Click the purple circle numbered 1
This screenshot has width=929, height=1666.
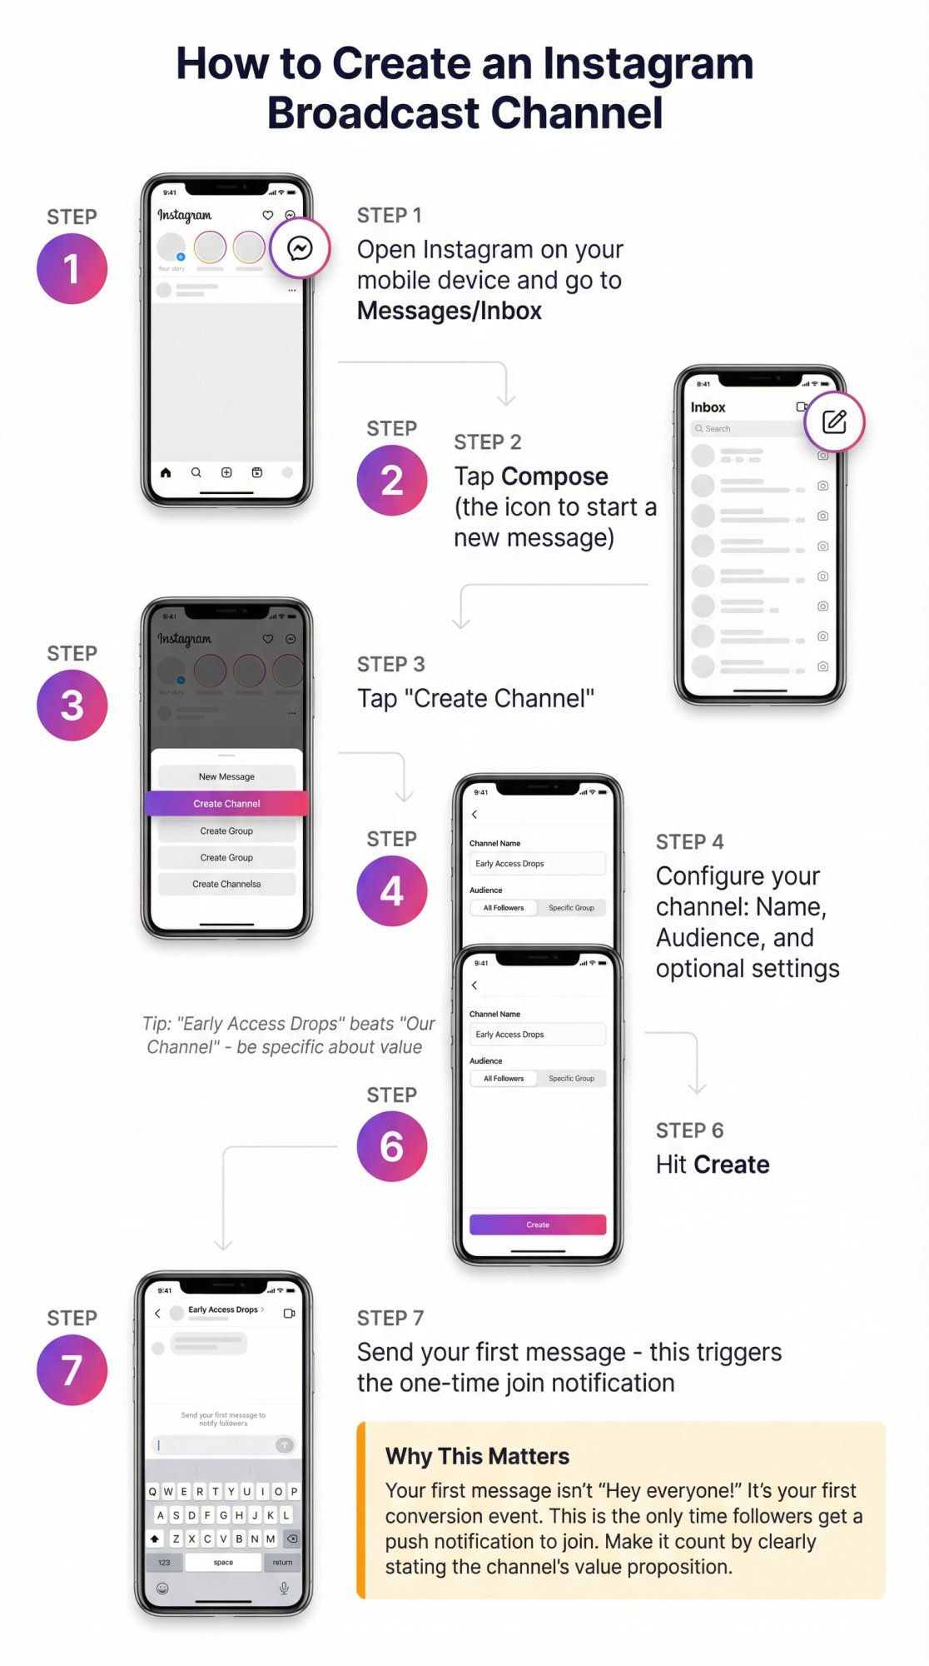[72, 268]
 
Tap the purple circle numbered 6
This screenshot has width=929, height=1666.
[391, 1146]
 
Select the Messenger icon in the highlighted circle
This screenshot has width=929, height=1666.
[300, 248]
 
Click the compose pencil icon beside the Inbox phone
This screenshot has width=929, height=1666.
[834, 421]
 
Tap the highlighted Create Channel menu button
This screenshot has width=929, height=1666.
[226, 803]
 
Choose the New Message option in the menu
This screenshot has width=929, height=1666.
[226, 776]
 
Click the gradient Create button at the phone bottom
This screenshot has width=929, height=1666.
[538, 1225]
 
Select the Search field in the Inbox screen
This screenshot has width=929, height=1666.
[745, 428]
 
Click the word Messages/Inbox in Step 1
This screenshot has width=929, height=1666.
[450, 311]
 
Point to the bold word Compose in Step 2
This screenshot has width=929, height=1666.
[554, 476]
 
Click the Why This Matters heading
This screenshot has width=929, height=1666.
[477, 1456]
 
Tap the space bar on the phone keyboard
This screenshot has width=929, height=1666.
[223, 1562]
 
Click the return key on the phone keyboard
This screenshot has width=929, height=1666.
[282, 1562]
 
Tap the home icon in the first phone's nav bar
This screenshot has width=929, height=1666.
[166, 472]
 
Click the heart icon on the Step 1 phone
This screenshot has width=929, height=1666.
[268, 215]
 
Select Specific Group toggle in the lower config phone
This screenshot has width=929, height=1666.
[571, 1078]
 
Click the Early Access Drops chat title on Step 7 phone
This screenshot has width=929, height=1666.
[223, 1309]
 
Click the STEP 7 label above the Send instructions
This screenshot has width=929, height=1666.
[390, 1318]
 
